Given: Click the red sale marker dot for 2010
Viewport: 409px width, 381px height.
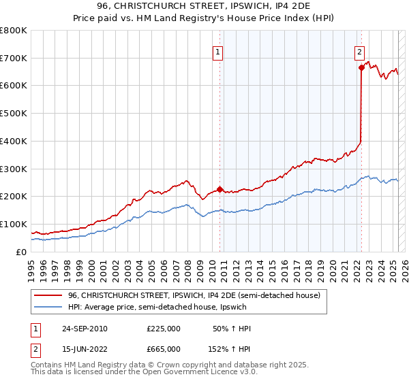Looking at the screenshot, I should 219,190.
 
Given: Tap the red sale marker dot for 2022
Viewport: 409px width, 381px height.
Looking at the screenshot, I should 361,67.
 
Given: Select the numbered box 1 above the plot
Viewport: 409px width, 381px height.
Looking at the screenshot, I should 217,51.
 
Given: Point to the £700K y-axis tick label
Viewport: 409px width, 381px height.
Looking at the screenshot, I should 14,58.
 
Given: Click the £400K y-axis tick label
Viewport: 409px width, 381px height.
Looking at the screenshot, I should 14,141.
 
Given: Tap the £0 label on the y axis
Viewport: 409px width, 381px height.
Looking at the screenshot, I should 21,252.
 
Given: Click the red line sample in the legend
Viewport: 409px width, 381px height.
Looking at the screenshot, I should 48,295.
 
